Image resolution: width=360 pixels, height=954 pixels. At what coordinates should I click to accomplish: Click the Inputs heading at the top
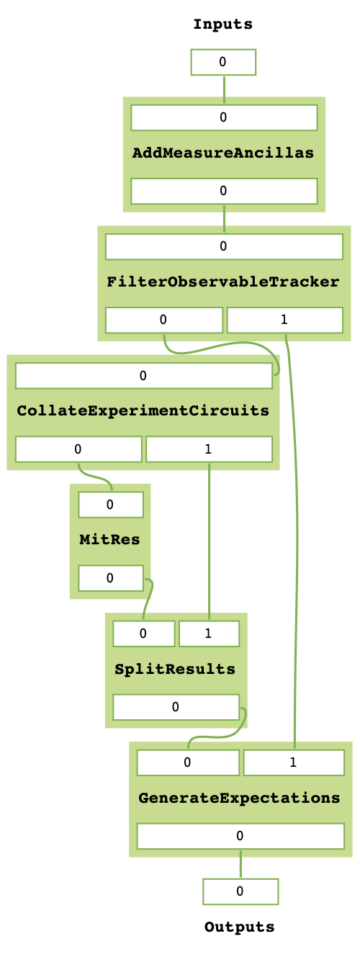(x=223, y=25)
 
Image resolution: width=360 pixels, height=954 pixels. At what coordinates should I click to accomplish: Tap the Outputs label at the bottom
(x=240, y=927)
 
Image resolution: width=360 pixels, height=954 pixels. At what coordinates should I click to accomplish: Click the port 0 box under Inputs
(x=223, y=62)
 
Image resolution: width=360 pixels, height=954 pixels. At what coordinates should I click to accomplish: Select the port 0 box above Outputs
(x=240, y=891)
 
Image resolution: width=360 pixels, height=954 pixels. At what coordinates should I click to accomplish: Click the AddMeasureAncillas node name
(x=223, y=153)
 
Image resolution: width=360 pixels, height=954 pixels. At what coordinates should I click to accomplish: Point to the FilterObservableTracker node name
(x=223, y=282)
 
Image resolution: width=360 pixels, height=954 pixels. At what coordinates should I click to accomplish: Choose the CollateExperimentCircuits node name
(x=143, y=411)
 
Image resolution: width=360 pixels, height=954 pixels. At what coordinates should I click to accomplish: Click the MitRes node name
(x=110, y=539)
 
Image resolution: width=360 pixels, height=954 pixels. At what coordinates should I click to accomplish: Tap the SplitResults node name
(x=175, y=669)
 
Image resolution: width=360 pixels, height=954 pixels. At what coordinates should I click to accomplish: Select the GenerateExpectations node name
(x=239, y=798)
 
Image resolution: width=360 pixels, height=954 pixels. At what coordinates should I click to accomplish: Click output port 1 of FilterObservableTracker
(x=284, y=320)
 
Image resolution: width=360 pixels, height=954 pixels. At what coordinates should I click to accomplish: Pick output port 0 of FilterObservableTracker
(x=163, y=320)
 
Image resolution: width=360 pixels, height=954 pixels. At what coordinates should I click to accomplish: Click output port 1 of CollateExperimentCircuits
(x=208, y=449)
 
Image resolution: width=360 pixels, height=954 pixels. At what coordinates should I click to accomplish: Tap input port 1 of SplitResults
(x=208, y=634)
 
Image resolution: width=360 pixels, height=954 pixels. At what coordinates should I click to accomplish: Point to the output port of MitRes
(x=110, y=577)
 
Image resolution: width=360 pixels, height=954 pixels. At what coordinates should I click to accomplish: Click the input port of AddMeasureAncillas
(x=223, y=117)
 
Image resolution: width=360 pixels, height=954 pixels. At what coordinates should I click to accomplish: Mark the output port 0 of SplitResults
(x=175, y=707)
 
